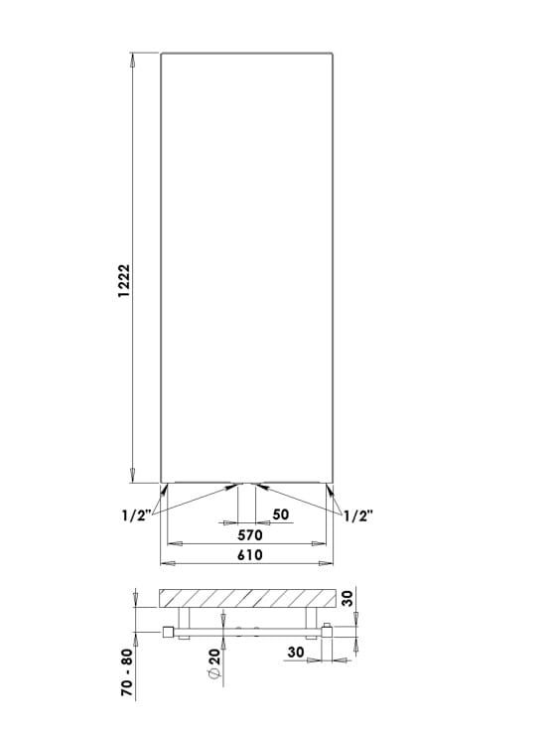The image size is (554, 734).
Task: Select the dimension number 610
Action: coord(249,555)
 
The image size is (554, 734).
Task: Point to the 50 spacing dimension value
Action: coord(280,514)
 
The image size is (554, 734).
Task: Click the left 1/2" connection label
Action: coord(135,514)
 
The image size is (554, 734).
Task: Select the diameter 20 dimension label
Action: coord(215,666)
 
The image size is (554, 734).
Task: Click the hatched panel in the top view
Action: coord(245,598)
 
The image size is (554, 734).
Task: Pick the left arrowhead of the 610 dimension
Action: coord(166,563)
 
